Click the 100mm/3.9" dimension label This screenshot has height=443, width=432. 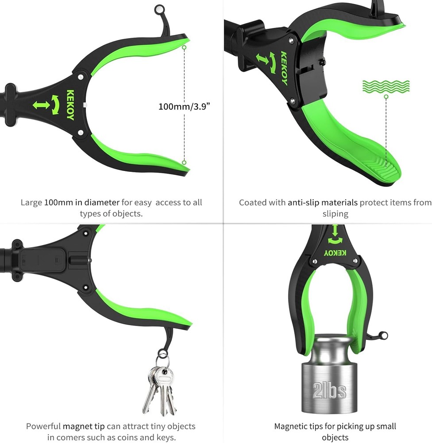tap(184, 106)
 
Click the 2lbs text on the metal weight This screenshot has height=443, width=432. tap(329, 391)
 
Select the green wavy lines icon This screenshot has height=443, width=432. tap(386, 86)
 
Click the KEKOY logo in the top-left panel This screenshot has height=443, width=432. tap(70, 105)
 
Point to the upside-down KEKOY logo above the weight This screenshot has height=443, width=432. tap(335, 253)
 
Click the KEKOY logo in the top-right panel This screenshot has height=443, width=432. tap(284, 68)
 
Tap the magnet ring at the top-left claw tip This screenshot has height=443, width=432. tap(159, 9)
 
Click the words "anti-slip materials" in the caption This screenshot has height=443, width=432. tap(322, 202)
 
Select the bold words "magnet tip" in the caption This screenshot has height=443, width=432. tap(84, 426)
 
